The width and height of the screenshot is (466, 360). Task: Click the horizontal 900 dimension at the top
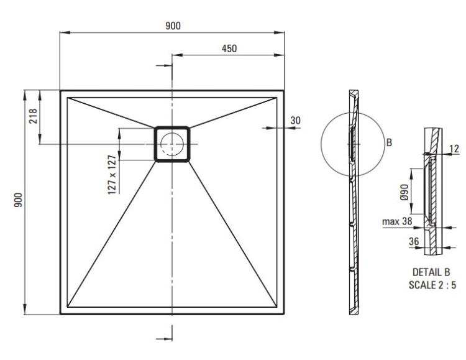click(x=173, y=26)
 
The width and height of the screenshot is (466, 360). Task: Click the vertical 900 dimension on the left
click(x=19, y=200)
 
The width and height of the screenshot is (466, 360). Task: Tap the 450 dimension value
click(x=229, y=48)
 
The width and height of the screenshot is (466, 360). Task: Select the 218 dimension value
click(x=33, y=116)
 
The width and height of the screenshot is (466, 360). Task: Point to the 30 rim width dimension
click(x=295, y=121)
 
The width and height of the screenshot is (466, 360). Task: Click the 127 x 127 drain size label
click(x=112, y=175)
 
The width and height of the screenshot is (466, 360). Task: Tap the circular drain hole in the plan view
click(x=172, y=144)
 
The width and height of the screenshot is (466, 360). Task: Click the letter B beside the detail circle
click(x=389, y=142)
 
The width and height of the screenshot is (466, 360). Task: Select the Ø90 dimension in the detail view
click(x=404, y=192)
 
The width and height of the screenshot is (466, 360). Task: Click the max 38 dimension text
click(x=397, y=221)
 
